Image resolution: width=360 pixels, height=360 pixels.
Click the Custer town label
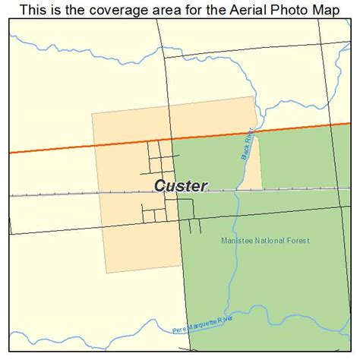pyautogui.click(x=181, y=185)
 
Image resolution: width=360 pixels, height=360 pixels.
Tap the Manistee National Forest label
pyautogui.click(x=265, y=241)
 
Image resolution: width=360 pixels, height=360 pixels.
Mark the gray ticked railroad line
pyautogui.click(x=76, y=194)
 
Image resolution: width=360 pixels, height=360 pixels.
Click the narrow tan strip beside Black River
pyautogui.click(x=256, y=163)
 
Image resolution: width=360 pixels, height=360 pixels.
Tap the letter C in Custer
pyautogui.click(x=160, y=186)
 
